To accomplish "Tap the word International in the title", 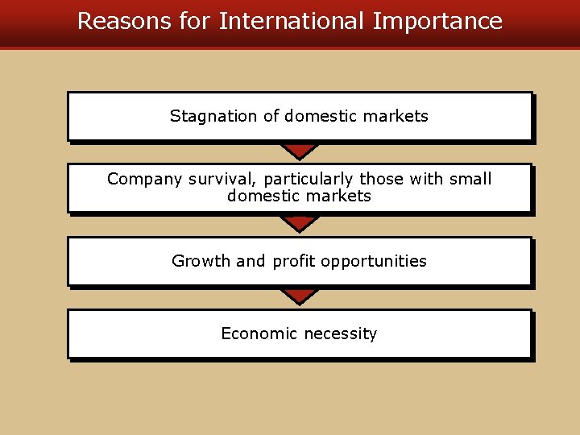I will click(x=291, y=21).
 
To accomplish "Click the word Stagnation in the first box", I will click(x=213, y=116).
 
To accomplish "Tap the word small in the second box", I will click(x=470, y=179).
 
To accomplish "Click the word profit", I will click(x=294, y=261).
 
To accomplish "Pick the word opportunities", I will click(x=375, y=262).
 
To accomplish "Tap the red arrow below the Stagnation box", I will click(x=300, y=151).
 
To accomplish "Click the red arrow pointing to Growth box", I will click(x=300, y=223).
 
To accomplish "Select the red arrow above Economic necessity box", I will click(x=300, y=296).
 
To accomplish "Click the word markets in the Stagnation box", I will click(x=395, y=116).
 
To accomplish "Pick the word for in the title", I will click(x=193, y=21).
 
